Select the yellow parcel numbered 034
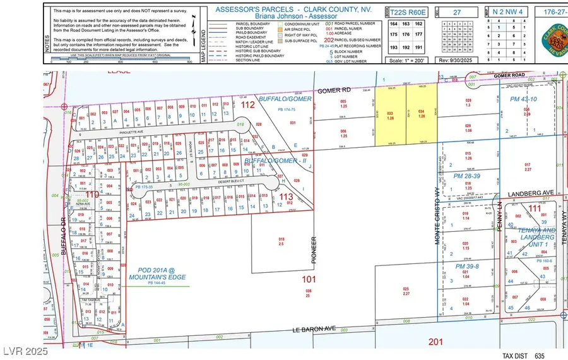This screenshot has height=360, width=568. click(x=421, y=116)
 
